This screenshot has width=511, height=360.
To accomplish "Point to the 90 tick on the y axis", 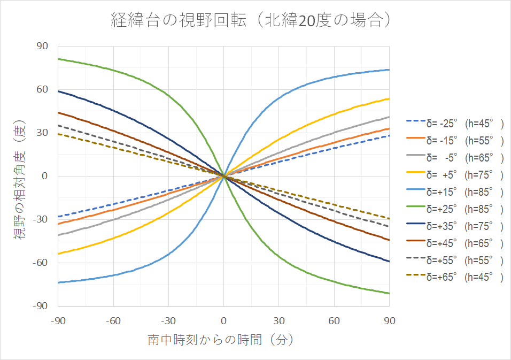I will (42, 47).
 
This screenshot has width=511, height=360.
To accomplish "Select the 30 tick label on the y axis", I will (42, 133).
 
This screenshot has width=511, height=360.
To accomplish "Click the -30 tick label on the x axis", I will (168, 320).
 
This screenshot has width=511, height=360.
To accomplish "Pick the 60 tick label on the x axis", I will (334, 320).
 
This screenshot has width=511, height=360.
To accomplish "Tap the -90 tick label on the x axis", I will (57, 320).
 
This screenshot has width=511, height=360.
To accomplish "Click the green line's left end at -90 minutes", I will (58, 59).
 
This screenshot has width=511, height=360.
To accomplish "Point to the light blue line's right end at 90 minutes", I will (389, 70).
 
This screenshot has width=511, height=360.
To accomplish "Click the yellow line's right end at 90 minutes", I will (389, 98).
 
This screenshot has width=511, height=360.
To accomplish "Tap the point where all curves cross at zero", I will (223, 176).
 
